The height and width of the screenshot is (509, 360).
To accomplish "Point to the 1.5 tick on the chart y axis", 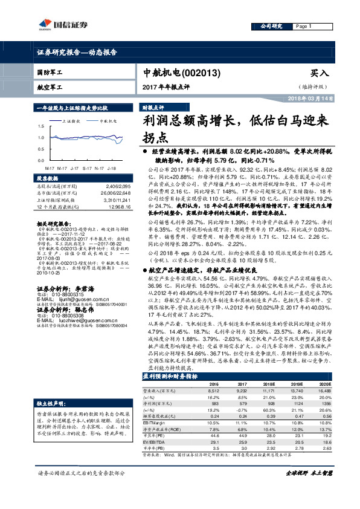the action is point(40,126).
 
